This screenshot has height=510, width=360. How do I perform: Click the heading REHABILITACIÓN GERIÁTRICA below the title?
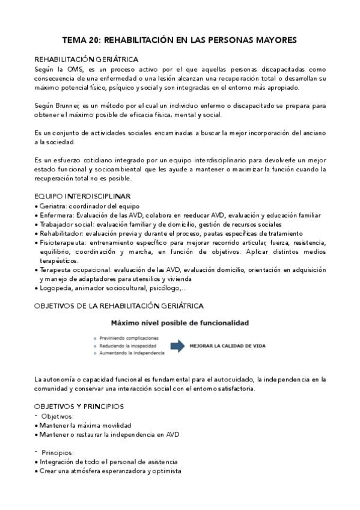pyautogui.click(x=87, y=60)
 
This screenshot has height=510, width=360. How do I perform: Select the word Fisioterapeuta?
pyautogui.click(x=63, y=242)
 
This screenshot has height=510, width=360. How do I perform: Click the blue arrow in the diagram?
pyautogui.click(x=178, y=346)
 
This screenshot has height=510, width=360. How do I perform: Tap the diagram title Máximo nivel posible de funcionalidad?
pyautogui.click(x=180, y=323)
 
